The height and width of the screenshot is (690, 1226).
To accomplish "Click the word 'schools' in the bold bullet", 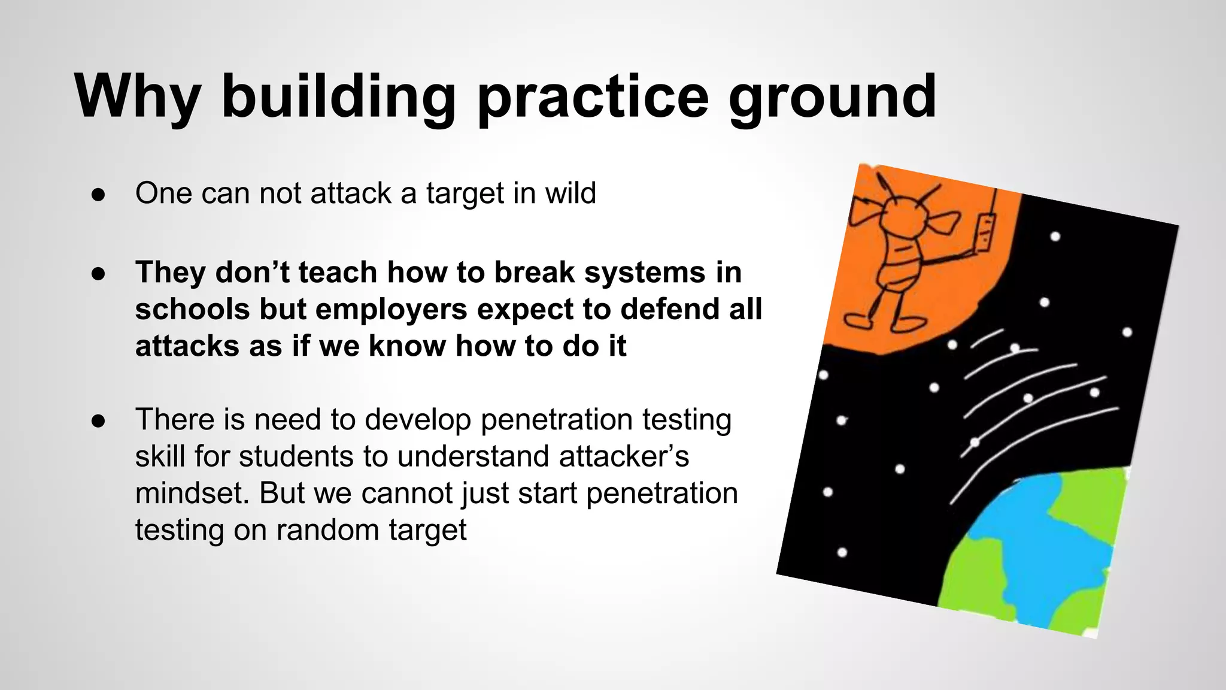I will [x=192, y=309].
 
